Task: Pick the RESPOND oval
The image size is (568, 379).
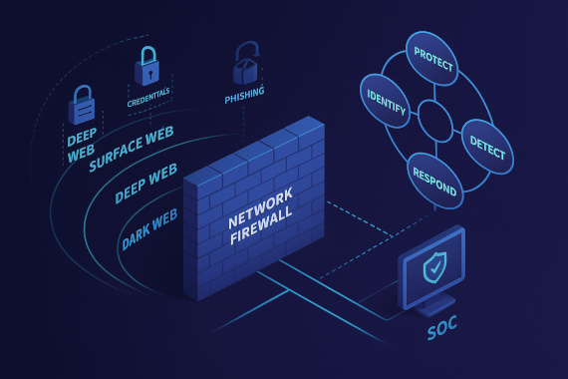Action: [x=434, y=180]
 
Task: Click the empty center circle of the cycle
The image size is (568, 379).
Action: [x=435, y=121]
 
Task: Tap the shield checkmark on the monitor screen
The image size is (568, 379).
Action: [x=434, y=267]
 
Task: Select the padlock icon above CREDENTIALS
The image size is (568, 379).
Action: [x=147, y=68]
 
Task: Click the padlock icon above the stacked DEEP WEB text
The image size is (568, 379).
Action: [x=82, y=104]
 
